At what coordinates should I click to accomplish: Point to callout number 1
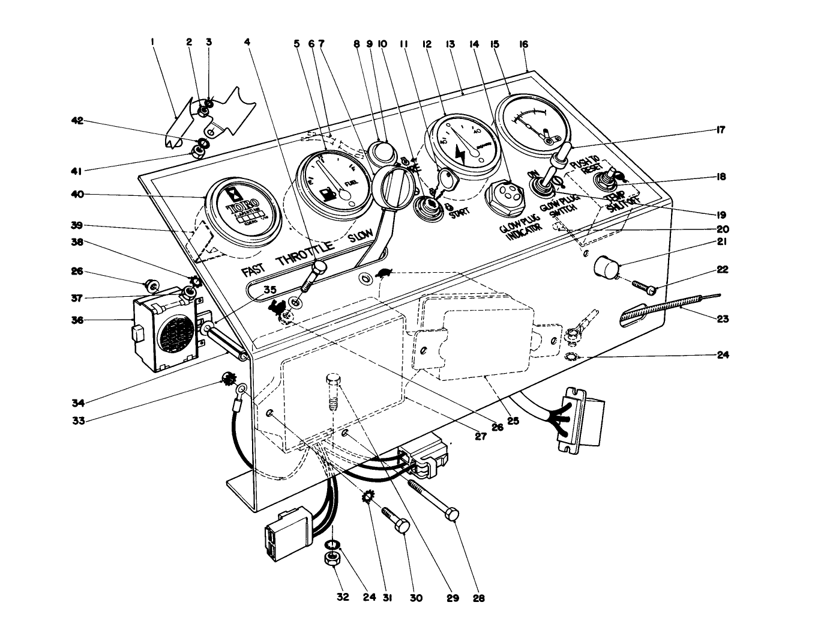(153, 42)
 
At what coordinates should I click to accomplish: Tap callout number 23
(723, 319)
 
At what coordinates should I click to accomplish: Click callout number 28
(478, 598)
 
